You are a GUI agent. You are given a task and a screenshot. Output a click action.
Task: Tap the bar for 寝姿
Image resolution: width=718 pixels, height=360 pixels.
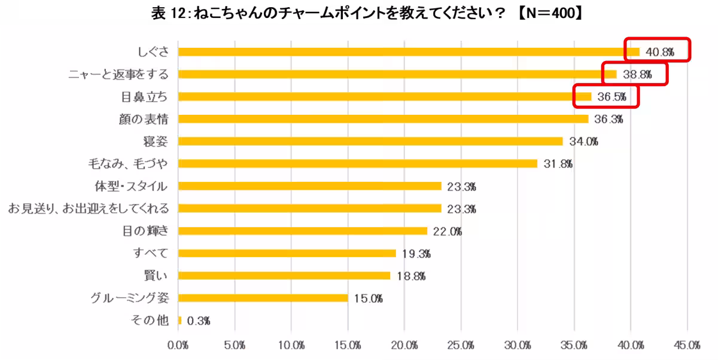[x=370, y=141]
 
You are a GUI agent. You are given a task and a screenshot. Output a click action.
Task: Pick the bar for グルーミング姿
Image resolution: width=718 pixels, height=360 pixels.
[x=263, y=298]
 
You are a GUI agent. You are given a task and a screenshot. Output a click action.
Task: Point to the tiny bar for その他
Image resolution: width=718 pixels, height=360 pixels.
[x=180, y=321]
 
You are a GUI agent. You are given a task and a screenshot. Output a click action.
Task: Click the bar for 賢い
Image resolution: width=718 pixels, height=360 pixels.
[x=284, y=276]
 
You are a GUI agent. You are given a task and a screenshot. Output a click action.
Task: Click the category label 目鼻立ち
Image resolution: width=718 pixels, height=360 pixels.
[x=144, y=96]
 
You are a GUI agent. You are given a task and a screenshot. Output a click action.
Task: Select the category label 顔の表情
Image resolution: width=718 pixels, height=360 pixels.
[x=144, y=119]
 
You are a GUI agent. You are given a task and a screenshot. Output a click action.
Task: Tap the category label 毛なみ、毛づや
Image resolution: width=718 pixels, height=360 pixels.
[x=127, y=163]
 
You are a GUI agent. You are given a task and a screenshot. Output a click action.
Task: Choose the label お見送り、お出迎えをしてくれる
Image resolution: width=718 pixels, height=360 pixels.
[x=89, y=208]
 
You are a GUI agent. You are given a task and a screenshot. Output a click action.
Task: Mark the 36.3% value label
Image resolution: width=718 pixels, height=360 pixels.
[x=609, y=119]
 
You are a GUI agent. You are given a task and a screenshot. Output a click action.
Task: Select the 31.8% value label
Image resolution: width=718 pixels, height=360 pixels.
[x=558, y=164]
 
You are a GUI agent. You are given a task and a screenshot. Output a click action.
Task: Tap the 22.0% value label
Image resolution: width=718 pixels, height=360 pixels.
[x=447, y=231]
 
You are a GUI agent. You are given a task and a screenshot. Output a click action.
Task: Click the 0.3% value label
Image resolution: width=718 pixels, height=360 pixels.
[x=199, y=321]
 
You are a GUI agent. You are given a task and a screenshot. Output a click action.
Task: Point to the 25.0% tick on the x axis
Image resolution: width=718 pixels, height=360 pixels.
[x=461, y=346]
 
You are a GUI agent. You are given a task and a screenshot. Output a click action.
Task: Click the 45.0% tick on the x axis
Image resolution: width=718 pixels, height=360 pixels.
[x=687, y=346]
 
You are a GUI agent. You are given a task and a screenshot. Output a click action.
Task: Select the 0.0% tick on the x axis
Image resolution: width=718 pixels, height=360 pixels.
[x=178, y=346]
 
